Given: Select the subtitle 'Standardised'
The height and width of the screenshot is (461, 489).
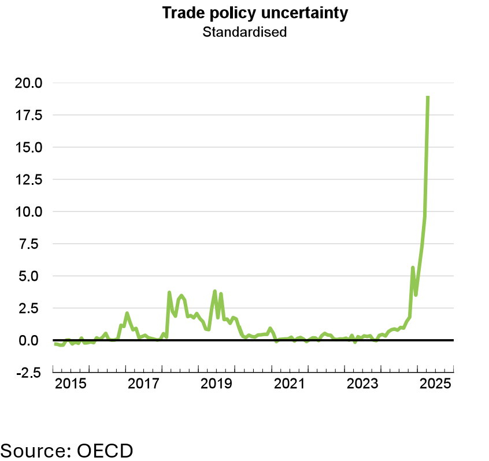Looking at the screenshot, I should (x=244, y=32).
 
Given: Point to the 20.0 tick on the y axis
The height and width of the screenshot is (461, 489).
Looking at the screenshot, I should (x=28, y=83).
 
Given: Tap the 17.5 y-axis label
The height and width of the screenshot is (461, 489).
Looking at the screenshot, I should (x=28, y=116).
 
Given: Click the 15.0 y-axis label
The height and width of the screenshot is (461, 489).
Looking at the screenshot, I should (x=28, y=147).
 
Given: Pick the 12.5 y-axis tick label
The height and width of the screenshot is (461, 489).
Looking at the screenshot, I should (x=28, y=180).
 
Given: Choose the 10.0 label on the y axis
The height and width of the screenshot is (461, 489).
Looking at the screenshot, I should (x=28, y=212).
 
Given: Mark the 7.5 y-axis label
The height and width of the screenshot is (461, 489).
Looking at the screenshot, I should (x=32, y=244).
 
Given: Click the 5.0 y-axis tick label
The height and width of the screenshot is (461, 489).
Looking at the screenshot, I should (x=32, y=276).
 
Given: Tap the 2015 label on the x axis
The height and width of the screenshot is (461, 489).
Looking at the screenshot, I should (x=71, y=384).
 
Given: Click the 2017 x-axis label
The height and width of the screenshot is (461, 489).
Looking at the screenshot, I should (x=143, y=384).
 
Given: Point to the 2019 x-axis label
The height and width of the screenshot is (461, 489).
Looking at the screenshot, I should (x=216, y=384).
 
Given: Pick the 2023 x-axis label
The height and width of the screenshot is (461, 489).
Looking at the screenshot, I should (x=362, y=384).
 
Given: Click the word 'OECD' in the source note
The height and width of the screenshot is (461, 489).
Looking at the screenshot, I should (x=105, y=449).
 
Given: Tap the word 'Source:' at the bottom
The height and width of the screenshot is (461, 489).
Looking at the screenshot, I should (x=36, y=449).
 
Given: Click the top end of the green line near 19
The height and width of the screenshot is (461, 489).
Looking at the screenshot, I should (x=428, y=97).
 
